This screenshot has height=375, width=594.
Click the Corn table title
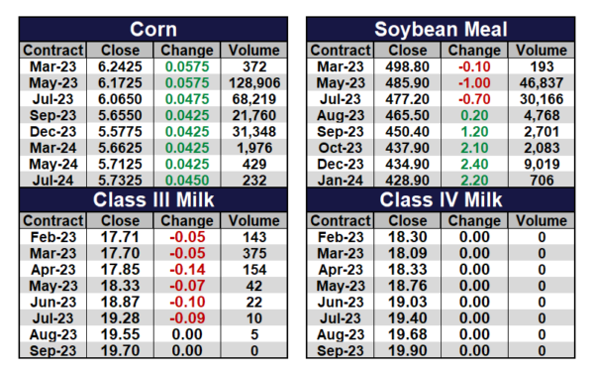click(153, 29)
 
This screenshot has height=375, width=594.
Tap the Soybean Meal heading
click(441, 29)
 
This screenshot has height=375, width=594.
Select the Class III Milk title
click(153, 199)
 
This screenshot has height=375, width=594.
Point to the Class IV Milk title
click(441, 199)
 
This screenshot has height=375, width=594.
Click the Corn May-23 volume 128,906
click(254, 82)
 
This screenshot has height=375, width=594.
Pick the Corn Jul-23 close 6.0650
click(120, 99)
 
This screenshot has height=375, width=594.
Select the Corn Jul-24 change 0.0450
click(187, 181)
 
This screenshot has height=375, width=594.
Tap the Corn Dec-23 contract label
click(53, 132)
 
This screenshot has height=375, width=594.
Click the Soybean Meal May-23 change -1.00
click(474, 82)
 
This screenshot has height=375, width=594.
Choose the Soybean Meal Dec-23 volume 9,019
click(542, 164)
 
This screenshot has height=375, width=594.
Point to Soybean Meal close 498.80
click(407, 66)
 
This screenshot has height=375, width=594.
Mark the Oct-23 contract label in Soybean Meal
click(341, 148)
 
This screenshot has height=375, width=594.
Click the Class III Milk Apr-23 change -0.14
click(187, 270)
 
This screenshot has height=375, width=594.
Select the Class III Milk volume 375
click(254, 253)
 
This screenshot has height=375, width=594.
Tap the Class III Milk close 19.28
click(120, 318)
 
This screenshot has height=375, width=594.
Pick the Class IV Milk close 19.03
click(407, 303)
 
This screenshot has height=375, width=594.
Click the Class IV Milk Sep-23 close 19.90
click(407, 351)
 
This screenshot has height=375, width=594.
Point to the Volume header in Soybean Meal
click(542, 51)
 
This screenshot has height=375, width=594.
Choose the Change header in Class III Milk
click(187, 220)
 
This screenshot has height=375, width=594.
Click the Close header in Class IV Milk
click(407, 220)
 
